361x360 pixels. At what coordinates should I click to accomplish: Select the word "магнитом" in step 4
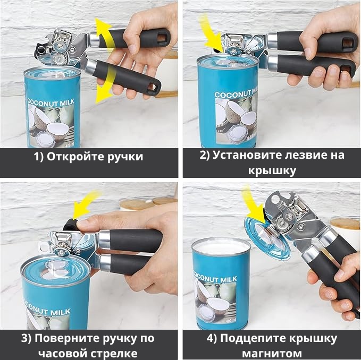click(x=272, y=353)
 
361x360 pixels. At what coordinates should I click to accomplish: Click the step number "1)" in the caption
click(x=39, y=157)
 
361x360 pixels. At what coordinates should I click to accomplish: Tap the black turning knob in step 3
click(x=70, y=225)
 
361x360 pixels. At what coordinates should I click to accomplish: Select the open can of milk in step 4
click(x=221, y=284)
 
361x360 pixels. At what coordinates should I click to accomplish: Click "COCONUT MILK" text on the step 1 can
click(x=51, y=102)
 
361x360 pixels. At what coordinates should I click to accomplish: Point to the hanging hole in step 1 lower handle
click(x=152, y=87)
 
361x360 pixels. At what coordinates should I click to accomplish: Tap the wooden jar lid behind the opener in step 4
click(x=346, y=224)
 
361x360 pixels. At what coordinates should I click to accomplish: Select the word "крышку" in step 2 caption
click(x=272, y=171)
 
